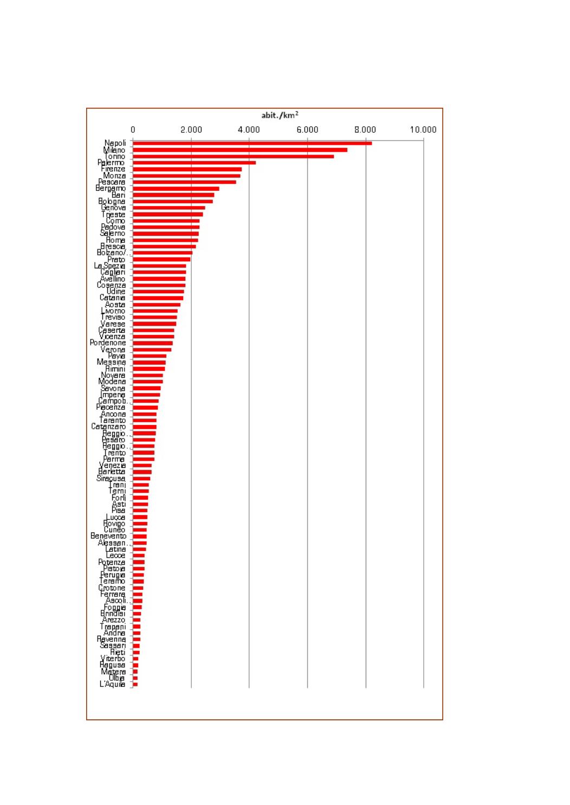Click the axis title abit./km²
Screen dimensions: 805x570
pyautogui.click(x=280, y=115)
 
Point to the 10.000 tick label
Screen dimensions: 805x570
pyautogui.click(x=423, y=130)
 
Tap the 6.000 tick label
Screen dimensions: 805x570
pyautogui.click(x=307, y=130)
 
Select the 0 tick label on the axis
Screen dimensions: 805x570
pyautogui.click(x=133, y=130)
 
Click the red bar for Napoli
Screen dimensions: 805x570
pyautogui.click(x=252, y=143)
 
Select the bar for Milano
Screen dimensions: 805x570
pyautogui.click(x=239, y=150)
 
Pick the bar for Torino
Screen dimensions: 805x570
pyautogui.click(x=233, y=156)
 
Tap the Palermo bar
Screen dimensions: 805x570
pyautogui.click(x=194, y=163)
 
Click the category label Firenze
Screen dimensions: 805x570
pyautogui.click(x=113, y=169)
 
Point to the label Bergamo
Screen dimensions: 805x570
pyautogui.click(x=111, y=188)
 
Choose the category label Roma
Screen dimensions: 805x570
pyautogui.click(x=115, y=240)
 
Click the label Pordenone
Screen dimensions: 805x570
pyautogui.click(x=108, y=343)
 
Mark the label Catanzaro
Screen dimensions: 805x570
pyautogui.click(x=108, y=427)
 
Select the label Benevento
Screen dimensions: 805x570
pyautogui.click(x=108, y=536)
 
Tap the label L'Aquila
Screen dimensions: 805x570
pyautogui.click(x=112, y=684)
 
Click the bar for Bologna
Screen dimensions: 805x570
pyautogui.click(x=172, y=202)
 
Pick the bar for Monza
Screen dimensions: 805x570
pyautogui.click(x=186, y=176)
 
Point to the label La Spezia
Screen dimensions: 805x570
pyautogui.click(x=109, y=266)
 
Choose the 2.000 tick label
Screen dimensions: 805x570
pyautogui.click(x=191, y=130)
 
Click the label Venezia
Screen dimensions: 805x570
pyautogui.click(x=112, y=465)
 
